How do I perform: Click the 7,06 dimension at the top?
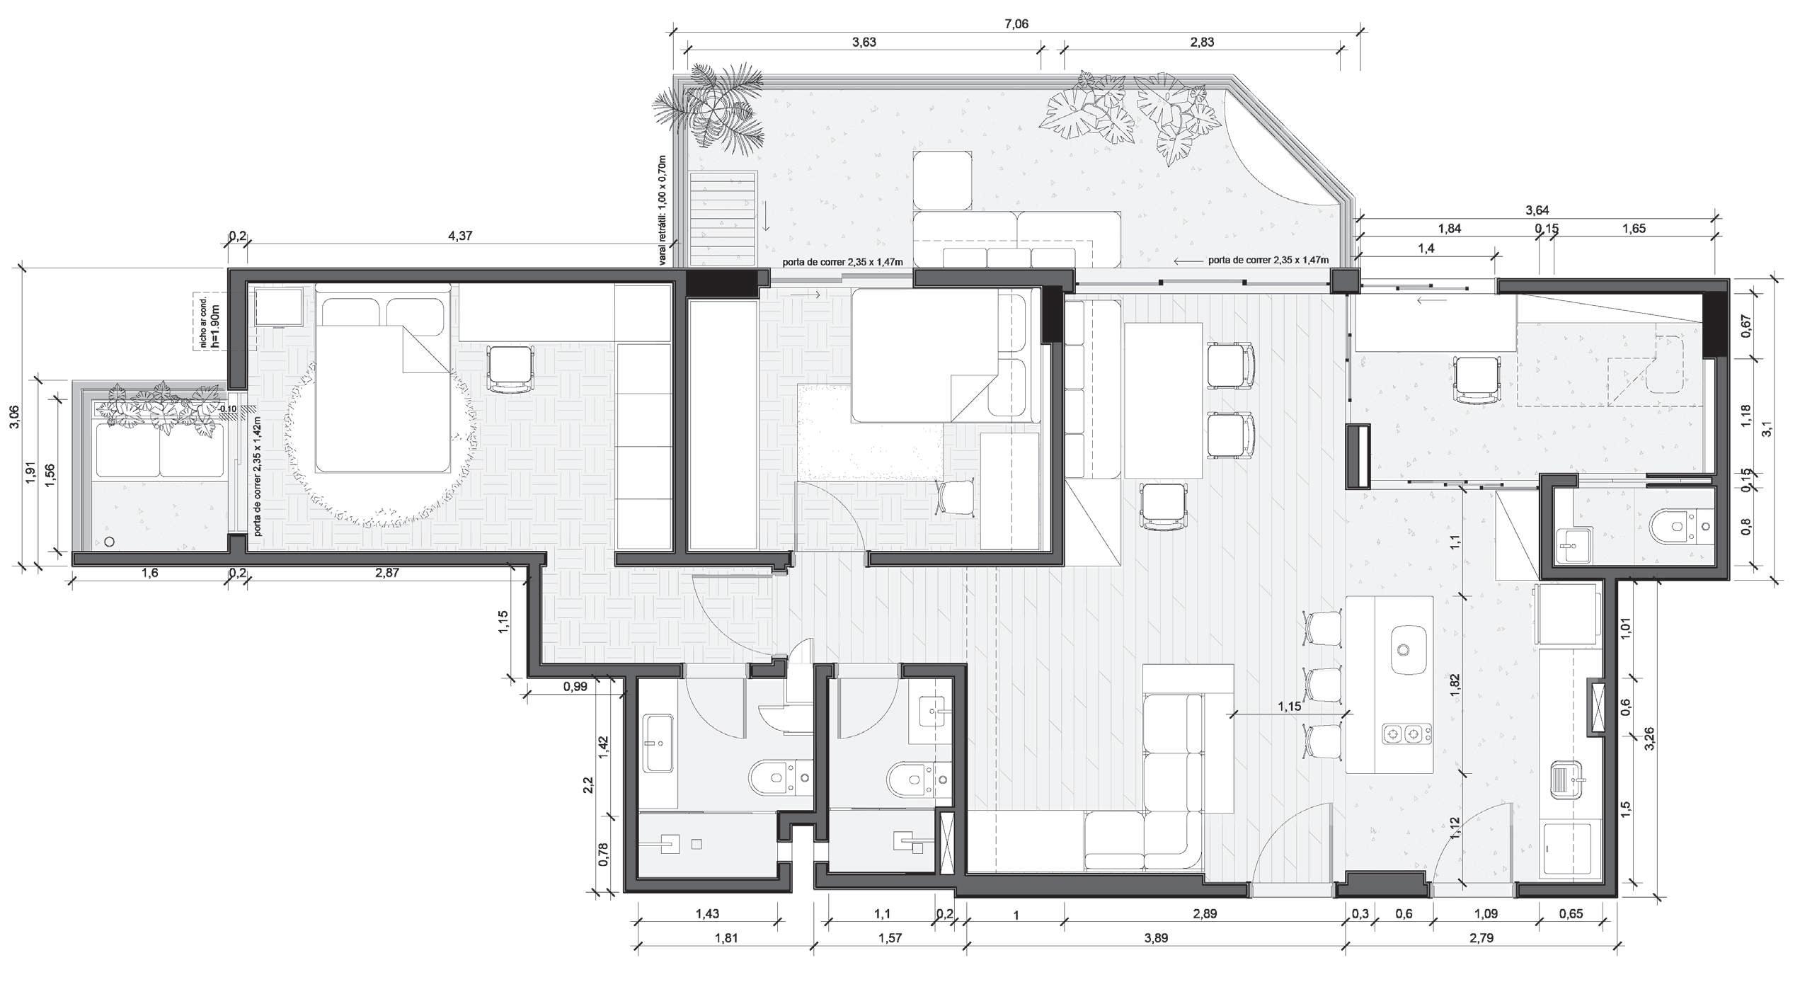(x=1016, y=24)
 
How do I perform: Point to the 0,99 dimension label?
(x=575, y=686)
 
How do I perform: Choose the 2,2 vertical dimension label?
(x=588, y=785)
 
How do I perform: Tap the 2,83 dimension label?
(x=1202, y=42)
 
